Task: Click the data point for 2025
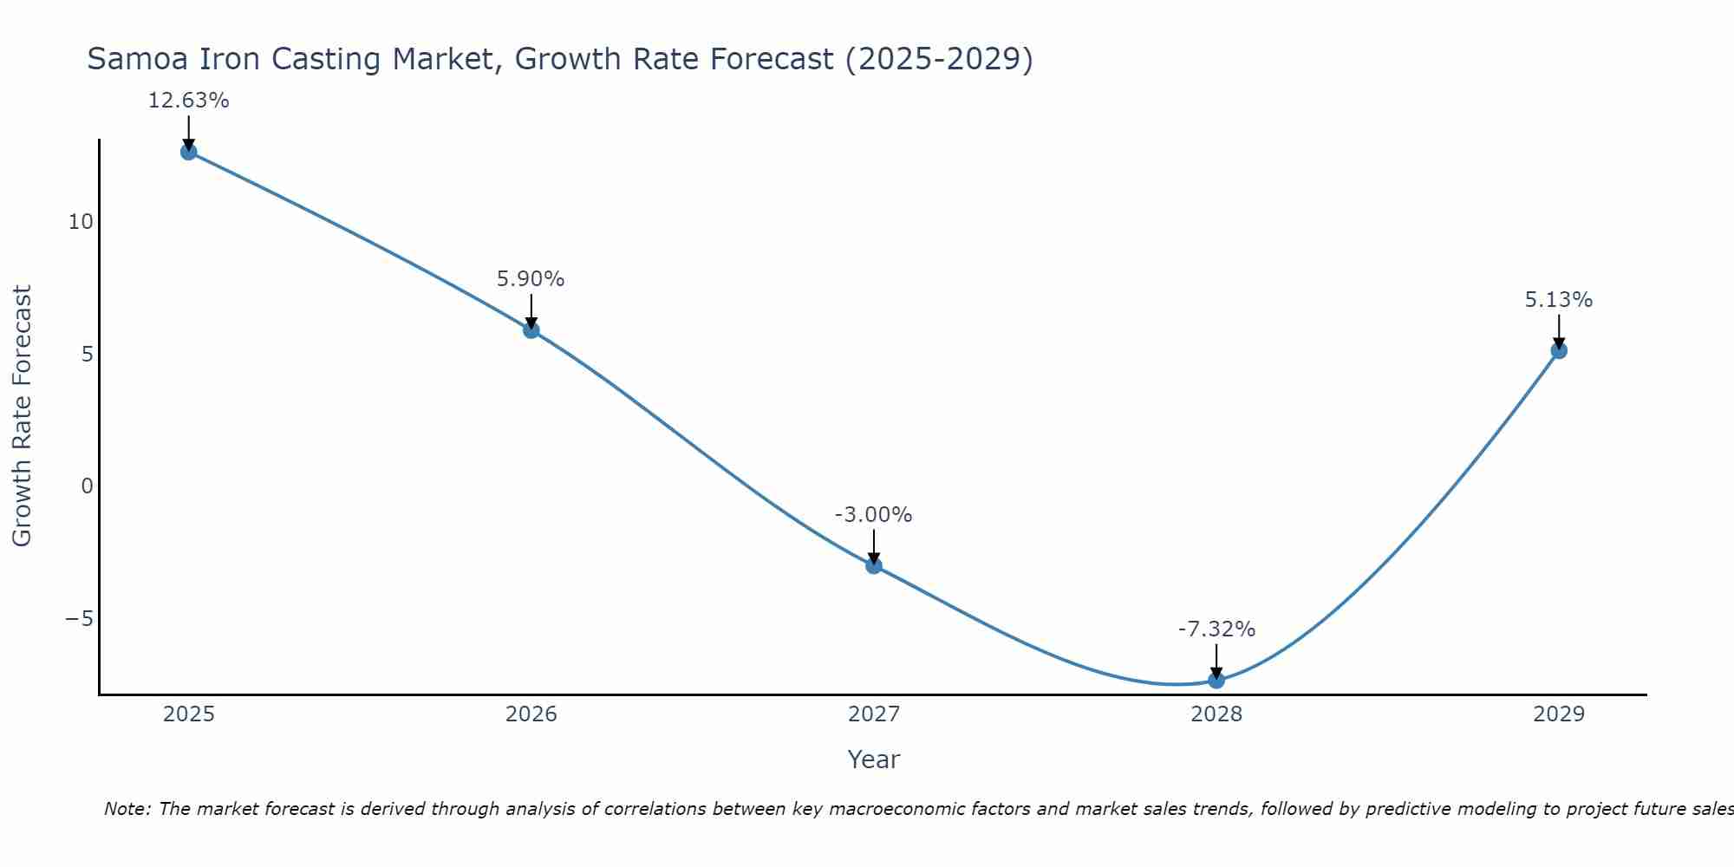click(189, 153)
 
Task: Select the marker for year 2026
click(531, 330)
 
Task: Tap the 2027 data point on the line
click(874, 566)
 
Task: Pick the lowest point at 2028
click(1216, 681)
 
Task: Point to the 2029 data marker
click(1559, 351)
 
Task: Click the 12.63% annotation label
click(189, 101)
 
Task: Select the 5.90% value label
click(531, 279)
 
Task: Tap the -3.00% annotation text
click(873, 515)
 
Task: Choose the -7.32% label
click(1216, 629)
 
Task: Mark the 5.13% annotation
click(1559, 300)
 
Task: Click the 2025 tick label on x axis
click(189, 714)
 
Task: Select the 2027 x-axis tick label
click(874, 714)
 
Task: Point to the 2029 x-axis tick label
click(1559, 714)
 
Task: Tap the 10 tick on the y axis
click(81, 222)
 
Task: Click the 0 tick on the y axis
click(87, 486)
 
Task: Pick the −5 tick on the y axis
click(79, 619)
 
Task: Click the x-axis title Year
click(874, 759)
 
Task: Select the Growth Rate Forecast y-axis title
click(23, 416)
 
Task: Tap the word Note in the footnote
click(127, 809)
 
